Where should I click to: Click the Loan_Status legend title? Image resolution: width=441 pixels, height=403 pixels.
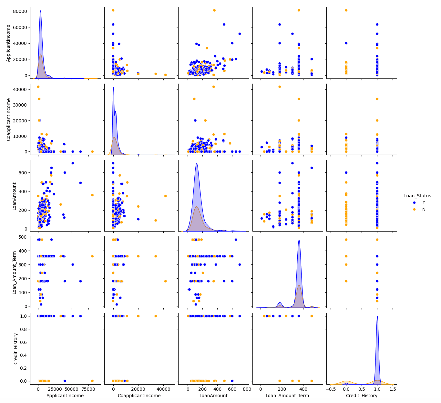[417, 196]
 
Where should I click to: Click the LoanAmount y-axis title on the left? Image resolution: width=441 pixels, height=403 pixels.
[15, 196]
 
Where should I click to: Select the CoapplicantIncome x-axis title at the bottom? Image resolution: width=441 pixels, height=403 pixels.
[139, 396]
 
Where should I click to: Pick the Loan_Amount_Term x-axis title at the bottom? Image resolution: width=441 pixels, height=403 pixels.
[287, 396]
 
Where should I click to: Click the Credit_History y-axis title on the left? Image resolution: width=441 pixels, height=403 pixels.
[15, 348]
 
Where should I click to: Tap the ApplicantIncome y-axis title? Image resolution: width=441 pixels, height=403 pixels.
[9, 43]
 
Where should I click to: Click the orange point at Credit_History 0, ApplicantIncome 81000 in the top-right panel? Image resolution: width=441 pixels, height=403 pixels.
[346, 10]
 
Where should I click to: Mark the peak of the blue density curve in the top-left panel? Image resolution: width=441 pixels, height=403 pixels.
[40, 11]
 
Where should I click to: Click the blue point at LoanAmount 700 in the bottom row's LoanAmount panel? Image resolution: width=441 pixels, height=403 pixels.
[240, 316]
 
